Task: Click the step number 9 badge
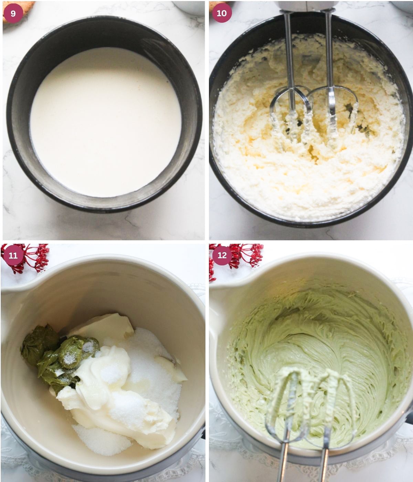[13, 13]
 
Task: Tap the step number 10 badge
[222, 13]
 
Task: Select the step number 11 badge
[13, 255]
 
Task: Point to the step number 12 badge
[222, 255]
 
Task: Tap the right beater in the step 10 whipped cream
[332, 114]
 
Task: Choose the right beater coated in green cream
[332, 396]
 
